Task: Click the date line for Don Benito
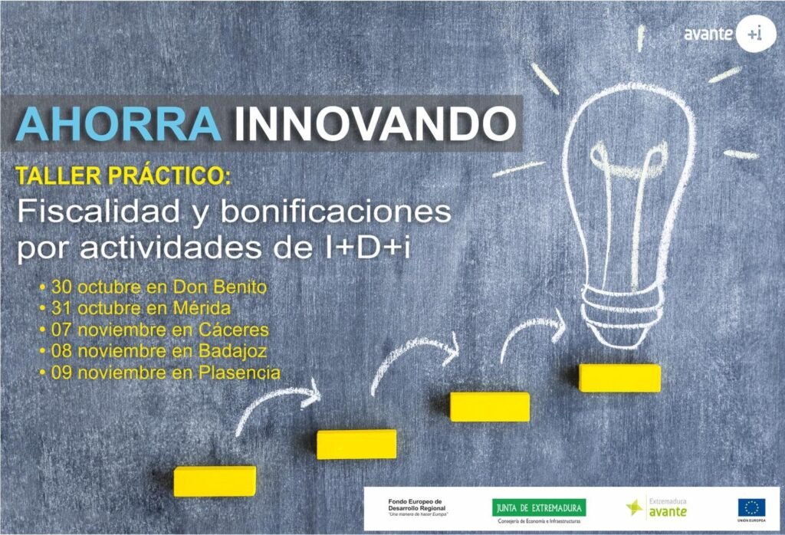153,288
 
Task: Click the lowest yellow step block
215,481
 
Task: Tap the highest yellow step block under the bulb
619,378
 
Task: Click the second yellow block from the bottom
356,444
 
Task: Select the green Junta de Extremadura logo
539,507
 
